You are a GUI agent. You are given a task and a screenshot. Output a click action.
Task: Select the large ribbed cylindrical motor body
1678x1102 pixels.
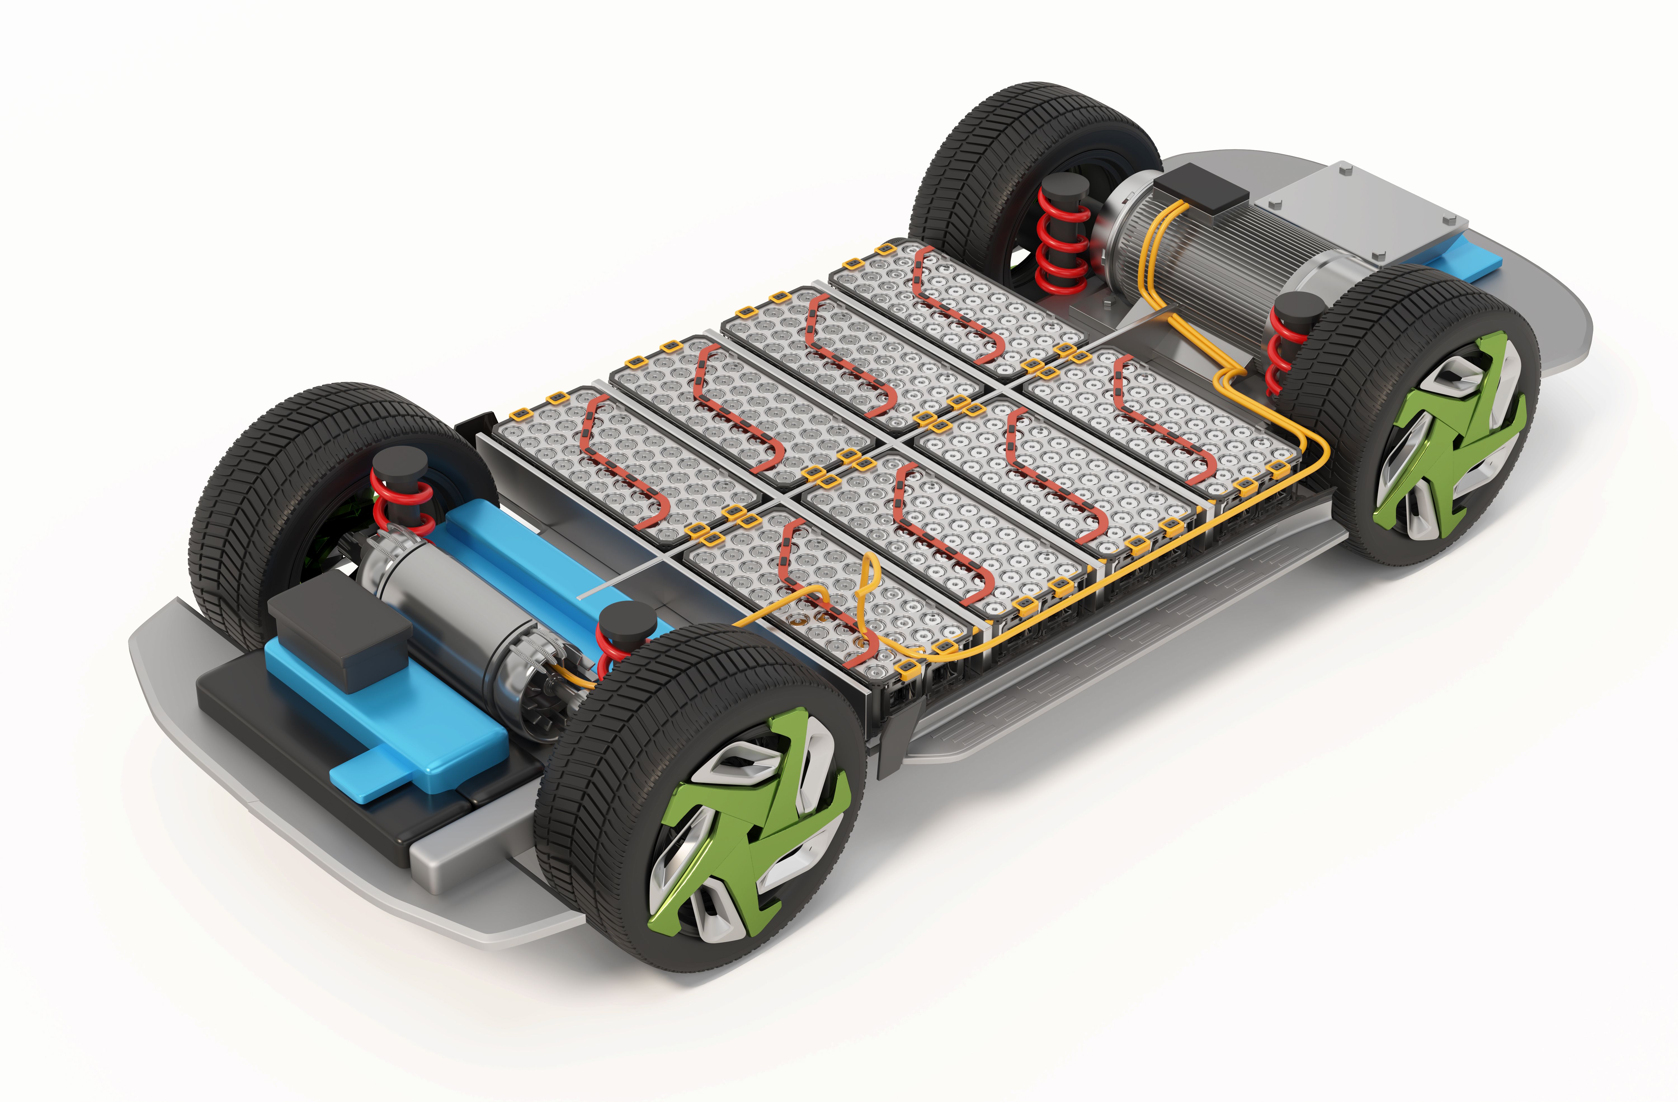(1241, 254)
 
